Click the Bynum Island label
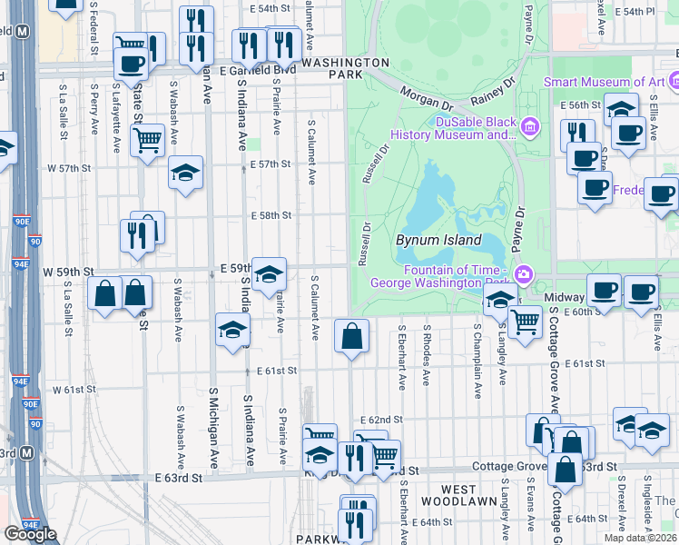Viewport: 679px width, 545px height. [x=438, y=241]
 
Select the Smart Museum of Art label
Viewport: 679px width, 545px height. [x=604, y=82]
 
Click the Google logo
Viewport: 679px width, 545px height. [x=30, y=534]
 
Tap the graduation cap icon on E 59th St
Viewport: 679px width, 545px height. [x=269, y=273]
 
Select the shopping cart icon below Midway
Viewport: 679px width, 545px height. [x=525, y=322]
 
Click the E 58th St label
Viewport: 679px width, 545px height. [x=271, y=215]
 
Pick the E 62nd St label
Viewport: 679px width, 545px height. [x=380, y=420]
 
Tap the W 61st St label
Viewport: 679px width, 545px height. [x=74, y=390]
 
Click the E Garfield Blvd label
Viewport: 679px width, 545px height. [x=261, y=68]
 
